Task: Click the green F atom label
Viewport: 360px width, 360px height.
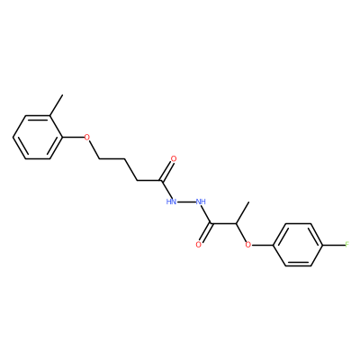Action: (x=347, y=245)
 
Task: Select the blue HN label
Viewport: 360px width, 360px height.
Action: (x=171, y=202)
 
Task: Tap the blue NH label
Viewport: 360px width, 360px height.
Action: (x=201, y=202)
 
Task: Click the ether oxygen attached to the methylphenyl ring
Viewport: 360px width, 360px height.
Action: (x=86, y=138)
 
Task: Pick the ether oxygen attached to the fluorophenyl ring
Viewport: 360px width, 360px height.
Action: (x=247, y=245)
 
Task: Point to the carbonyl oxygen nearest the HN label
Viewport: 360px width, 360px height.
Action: (x=174, y=158)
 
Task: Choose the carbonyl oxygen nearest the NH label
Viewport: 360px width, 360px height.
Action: (x=198, y=245)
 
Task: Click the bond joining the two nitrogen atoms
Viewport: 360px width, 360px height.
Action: (x=186, y=202)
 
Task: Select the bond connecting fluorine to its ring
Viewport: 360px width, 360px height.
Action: (x=333, y=245)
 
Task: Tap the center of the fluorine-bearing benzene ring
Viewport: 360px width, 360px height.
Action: (x=298, y=245)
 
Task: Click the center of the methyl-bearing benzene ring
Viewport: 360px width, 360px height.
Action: (x=38, y=138)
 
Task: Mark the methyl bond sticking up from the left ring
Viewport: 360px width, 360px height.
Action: (x=56, y=105)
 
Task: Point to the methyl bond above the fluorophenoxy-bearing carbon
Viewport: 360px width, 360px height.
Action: (x=243, y=213)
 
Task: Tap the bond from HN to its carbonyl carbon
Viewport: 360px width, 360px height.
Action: (x=165, y=189)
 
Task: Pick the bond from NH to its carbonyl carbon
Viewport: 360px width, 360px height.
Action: (x=207, y=215)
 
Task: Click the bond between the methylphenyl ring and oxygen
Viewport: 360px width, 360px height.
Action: (x=73, y=138)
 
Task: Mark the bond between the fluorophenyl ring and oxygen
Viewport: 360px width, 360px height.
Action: (x=263, y=245)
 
